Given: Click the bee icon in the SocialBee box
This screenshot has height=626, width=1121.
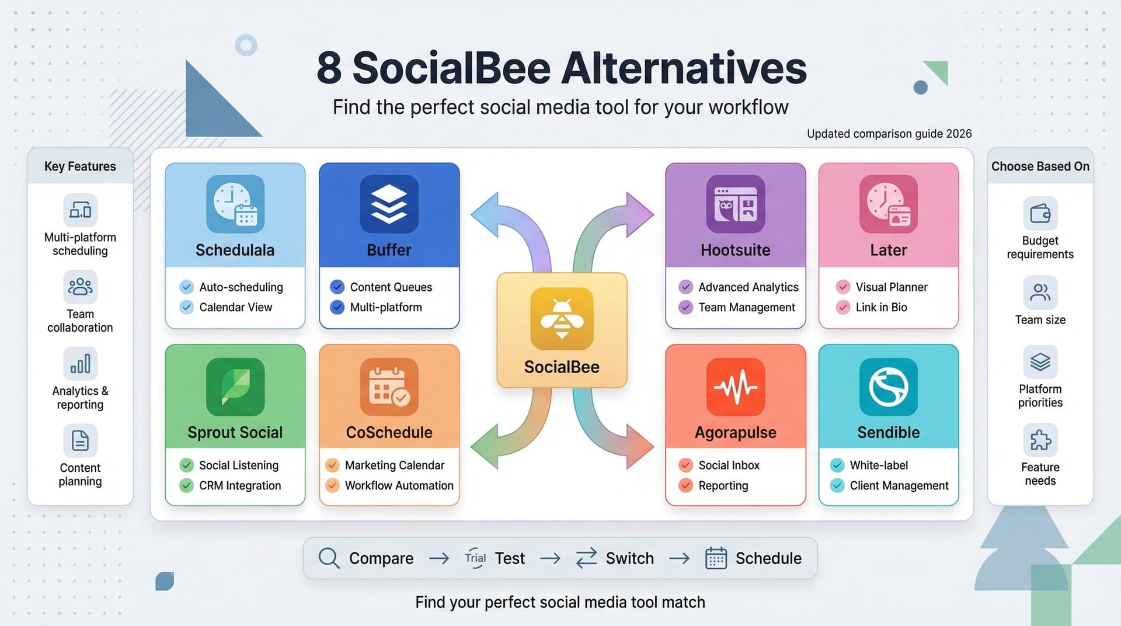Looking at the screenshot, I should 562,319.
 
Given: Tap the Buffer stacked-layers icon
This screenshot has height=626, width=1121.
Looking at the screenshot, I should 389,204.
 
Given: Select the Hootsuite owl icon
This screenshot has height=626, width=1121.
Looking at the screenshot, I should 735,204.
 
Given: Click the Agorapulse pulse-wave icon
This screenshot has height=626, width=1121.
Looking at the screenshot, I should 735,387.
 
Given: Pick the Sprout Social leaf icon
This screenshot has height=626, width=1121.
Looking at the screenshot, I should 235,387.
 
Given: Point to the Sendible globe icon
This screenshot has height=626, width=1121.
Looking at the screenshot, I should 888,387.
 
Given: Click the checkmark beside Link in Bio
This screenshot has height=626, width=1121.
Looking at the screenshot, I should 843,307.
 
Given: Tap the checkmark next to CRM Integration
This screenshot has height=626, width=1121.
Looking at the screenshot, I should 186,485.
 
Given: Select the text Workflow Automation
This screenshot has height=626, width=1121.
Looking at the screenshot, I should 399,485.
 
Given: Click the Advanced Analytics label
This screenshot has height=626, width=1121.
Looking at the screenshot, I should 748,287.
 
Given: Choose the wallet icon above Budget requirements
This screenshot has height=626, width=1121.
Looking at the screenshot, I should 1040,213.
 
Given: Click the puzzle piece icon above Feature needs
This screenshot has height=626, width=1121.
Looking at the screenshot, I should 1040,440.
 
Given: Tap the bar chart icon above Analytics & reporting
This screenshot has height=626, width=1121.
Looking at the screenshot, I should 80,364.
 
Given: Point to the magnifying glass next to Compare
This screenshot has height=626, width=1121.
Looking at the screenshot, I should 329,558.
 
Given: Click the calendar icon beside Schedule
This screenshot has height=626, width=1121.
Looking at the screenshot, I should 716,558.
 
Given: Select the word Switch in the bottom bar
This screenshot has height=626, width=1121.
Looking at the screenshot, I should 629,558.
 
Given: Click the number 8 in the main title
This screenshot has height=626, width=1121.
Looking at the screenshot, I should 329,68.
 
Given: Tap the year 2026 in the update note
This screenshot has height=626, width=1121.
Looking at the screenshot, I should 959,134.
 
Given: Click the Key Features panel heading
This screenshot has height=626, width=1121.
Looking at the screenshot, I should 80,166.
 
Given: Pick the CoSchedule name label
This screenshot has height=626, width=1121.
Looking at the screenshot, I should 389,432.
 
